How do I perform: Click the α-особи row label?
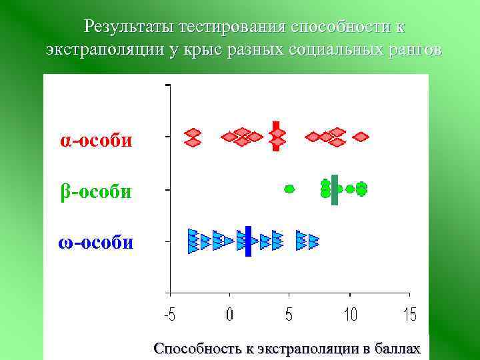96,141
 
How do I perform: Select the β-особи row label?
96,192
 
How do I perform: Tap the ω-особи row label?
95,242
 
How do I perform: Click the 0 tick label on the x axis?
229,314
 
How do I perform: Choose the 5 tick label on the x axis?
289,314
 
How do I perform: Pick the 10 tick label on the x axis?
349,314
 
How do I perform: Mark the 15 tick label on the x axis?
409,314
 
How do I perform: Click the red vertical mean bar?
276,136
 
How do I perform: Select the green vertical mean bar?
335,189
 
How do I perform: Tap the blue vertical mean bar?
247,241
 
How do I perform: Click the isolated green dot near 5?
289,189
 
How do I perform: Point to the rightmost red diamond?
361,137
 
